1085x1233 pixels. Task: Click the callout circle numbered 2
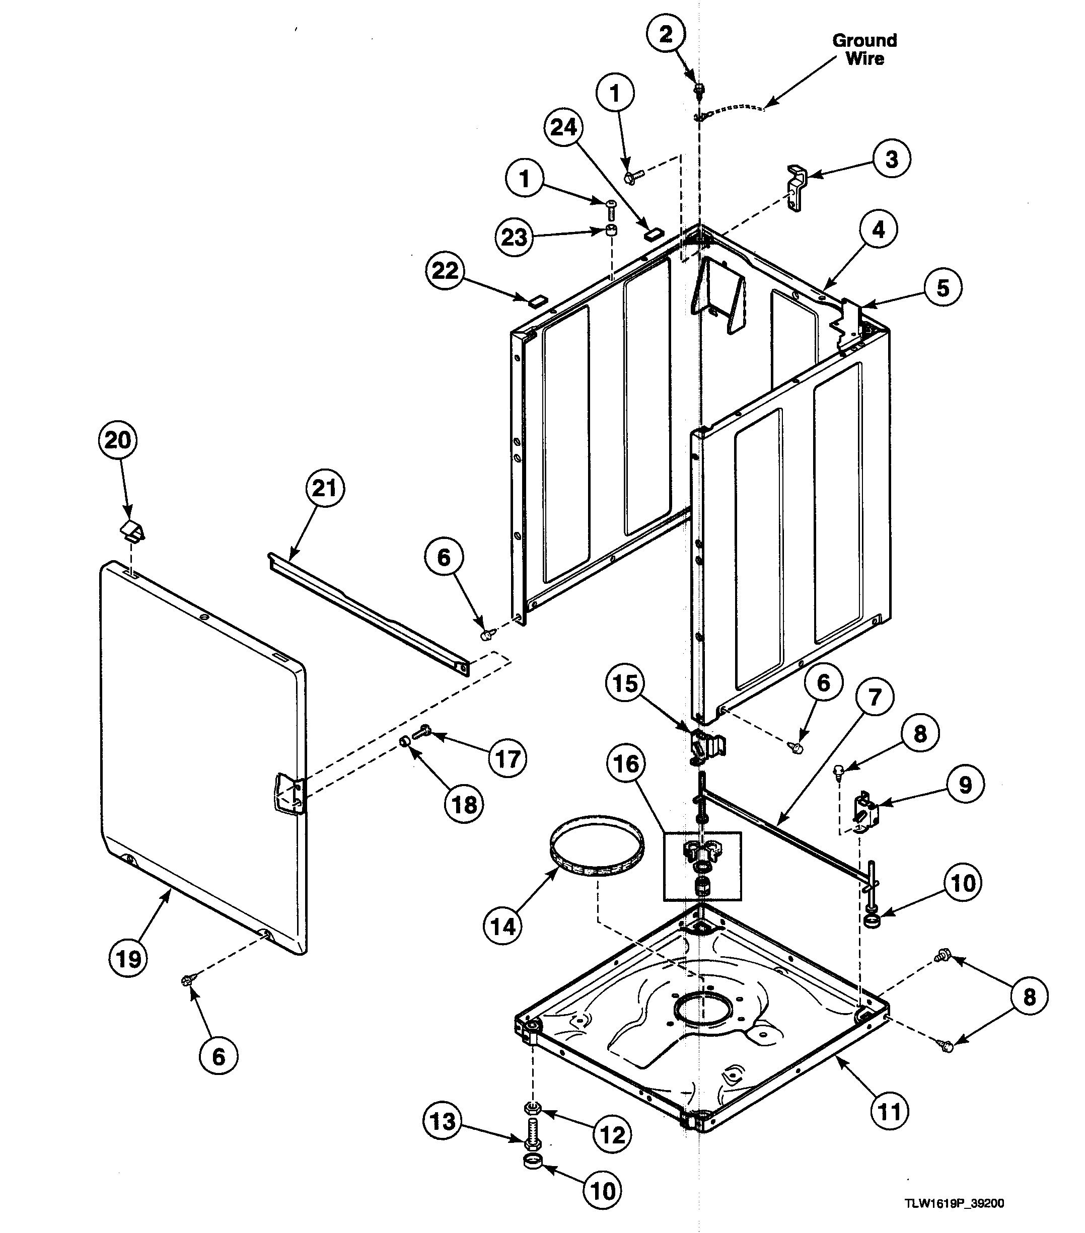pyautogui.click(x=666, y=34)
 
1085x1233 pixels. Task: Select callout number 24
pyautogui.click(x=563, y=128)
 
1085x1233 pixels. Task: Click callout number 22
pyautogui.click(x=446, y=271)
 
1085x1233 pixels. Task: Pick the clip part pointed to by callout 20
pyautogui.click(x=131, y=530)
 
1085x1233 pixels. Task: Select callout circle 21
pyautogui.click(x=324, y=488)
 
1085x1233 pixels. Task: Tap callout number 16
pyautogui.click(x=626, y=764)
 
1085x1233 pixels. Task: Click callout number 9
pyautogui.click(x=965, y=785)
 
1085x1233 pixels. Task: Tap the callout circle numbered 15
pyautogui.click(x=625, y=684)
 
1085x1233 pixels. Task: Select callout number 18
pyautogui.click(x=464, y=804)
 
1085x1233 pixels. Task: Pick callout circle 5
pyautogui.click(x=943, y=288)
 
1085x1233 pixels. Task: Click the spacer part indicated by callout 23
pyautogui.click(x=611, y=230)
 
